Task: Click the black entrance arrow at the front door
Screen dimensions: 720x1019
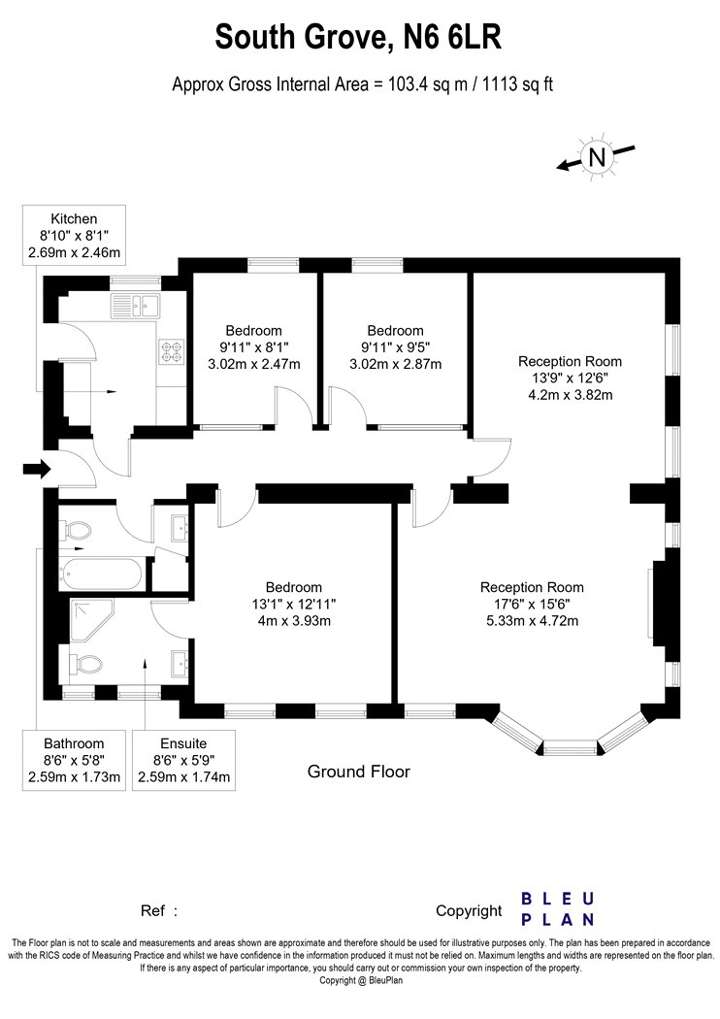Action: click(x=37, y=468)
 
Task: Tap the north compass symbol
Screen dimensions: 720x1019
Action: click(x=596, y=157)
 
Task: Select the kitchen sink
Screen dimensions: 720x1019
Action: click(x=135, y=305)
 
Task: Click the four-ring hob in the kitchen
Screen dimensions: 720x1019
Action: click(x=172, y=351)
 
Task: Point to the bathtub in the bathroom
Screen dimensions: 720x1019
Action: click(x=99, y=574)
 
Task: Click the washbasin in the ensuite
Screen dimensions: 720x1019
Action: click(x=180, y=663)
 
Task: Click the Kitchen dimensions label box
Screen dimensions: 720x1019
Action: click(x=74, y=235)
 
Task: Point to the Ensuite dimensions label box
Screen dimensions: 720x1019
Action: click(x=184, y=760)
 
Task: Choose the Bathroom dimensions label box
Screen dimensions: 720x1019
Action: click(x=74, y=760)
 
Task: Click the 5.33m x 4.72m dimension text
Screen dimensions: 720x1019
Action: click(x=532, y=621)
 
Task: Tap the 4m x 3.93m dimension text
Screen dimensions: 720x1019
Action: click(x=294, y=621)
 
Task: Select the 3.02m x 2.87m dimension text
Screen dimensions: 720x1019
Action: click(x=395, y=364)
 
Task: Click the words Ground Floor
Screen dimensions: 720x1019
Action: click(x=359, y=772)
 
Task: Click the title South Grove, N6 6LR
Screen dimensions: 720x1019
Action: click(x=359, y=37)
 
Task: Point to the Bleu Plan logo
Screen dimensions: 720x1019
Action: click(x=558, y=909)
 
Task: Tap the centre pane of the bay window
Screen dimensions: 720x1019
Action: click(x=570, y=747)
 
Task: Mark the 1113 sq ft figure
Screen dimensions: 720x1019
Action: click(x=517, y=84)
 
